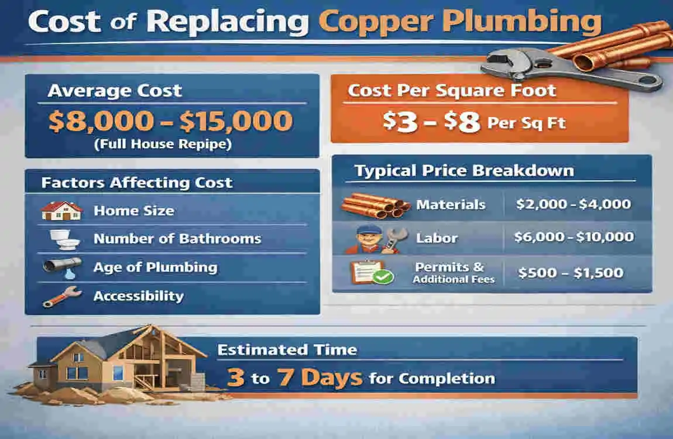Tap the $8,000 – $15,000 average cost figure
[170, 121]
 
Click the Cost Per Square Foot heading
[452, 91]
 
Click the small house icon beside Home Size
[60, 211]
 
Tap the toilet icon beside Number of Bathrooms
[60, 239]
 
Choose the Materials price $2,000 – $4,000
[573, 204]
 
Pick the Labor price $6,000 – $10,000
[574, 237]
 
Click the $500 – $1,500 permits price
[571, 273]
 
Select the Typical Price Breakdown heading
[464, 171]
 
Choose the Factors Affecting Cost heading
[137, 183]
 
